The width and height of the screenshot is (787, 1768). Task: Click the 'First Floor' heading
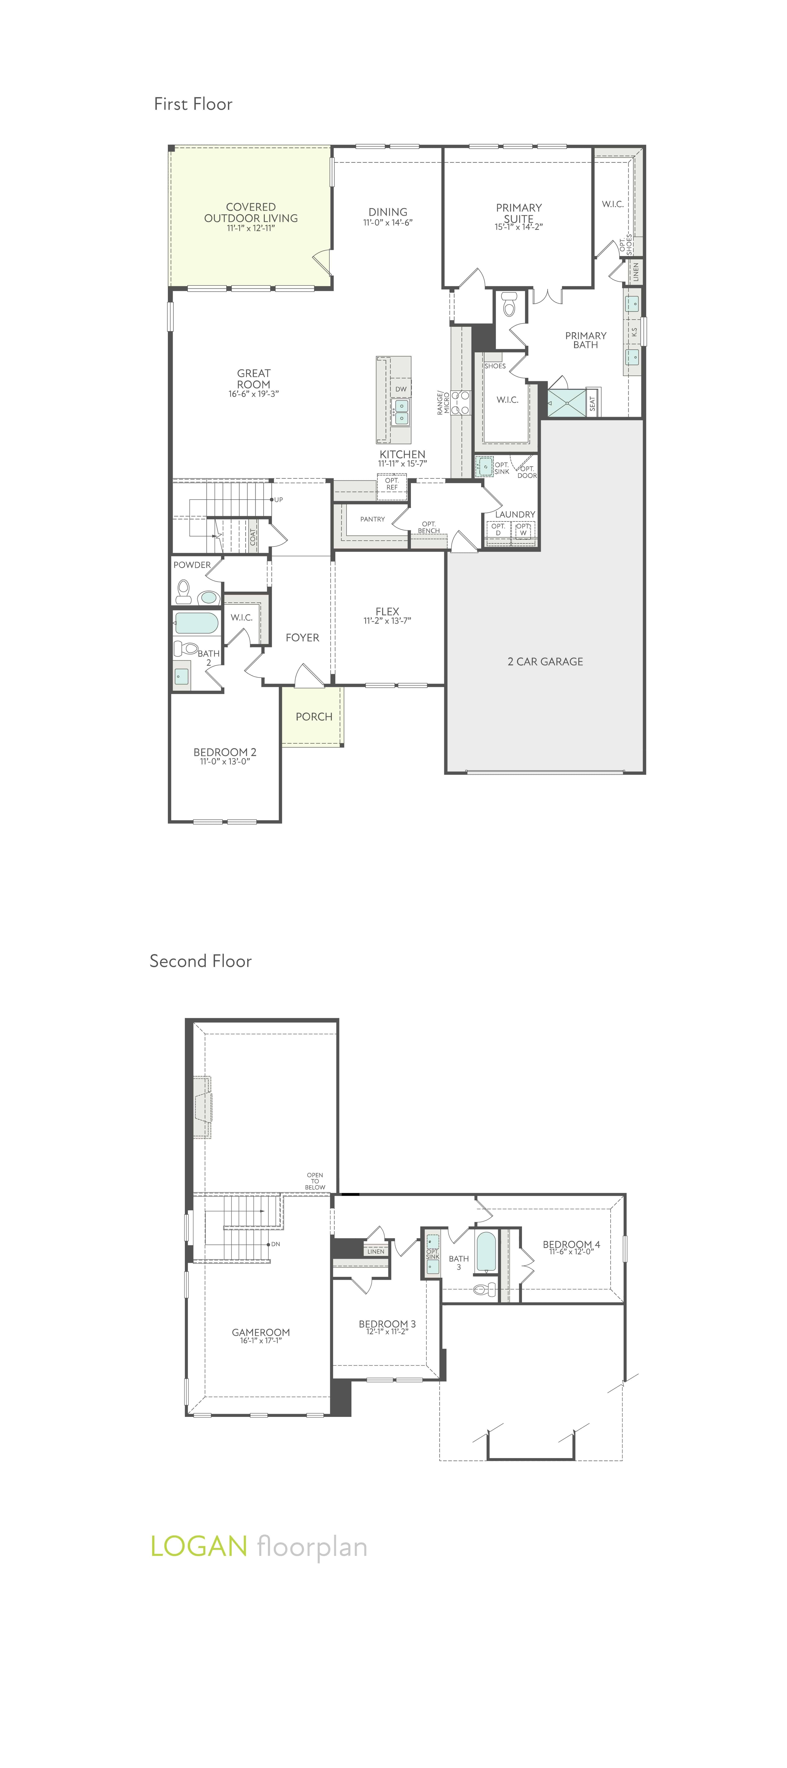click(193, 104)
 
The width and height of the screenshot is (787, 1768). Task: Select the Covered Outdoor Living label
click(251, 213)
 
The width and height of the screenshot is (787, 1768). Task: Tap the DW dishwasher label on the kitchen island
click(401, 389)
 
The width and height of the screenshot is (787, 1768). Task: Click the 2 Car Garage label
click(545, 662)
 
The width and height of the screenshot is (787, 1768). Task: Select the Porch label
click(314, 717)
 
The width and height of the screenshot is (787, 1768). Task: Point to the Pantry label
click(372, 520)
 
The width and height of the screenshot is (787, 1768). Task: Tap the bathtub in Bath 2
click(196, 623)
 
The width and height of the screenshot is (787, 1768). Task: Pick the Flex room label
click(387, 611)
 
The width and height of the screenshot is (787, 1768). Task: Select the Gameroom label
click(261, 1332)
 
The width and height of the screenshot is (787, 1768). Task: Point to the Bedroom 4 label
click(571, 1244)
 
